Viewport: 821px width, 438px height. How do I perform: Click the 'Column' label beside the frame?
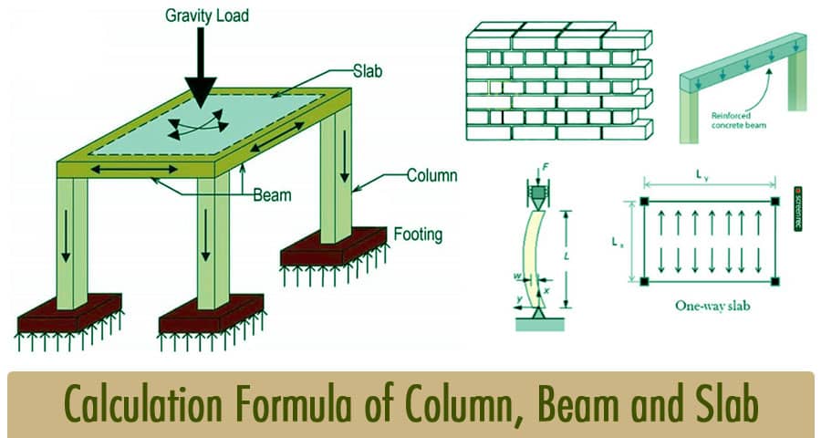[x=431, y=175]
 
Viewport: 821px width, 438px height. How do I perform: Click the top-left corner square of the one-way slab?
[x=645, y=202]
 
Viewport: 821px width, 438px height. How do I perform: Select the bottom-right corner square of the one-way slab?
[x=775, y=278]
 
